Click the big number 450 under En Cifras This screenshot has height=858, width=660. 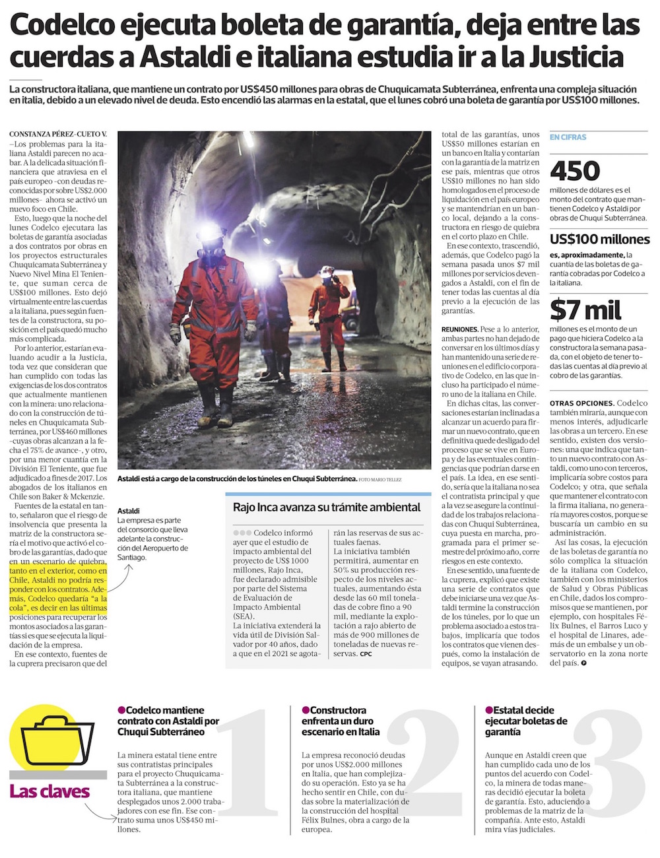pos(575,171)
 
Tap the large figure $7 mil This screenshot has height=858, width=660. pos(585,310)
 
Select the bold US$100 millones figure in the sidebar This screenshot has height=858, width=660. pos(599,240)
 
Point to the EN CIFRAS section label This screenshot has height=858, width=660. pos(568,137)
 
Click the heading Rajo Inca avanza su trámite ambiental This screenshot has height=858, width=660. pos(327,508)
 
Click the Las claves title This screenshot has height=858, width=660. pos(49,791)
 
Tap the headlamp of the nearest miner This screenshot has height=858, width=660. pos(213,230)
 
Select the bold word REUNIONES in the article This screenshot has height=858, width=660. pos(459,329)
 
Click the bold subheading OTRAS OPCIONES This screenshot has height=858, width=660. pos(581,403)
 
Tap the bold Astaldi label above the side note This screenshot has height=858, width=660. pos(129,511)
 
